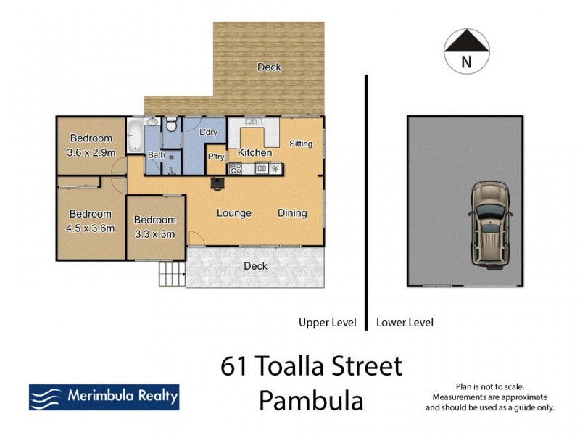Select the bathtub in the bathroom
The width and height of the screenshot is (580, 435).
[x=135, y=137]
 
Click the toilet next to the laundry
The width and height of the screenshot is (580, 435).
[x=170, y=126]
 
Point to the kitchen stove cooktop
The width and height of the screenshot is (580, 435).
[x=235, y=168]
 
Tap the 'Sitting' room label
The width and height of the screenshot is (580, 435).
[x=301, y=144]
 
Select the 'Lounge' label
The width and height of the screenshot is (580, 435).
[x=234, y=213]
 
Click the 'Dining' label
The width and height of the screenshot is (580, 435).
[x=292, y=213]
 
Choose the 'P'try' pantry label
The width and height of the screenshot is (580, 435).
[x=215, y=157]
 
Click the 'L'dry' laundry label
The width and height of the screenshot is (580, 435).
[x=208, y=132]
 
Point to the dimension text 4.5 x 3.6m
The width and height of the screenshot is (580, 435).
[x=91, y=228]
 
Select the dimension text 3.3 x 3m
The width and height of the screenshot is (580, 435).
[x=155, y=233]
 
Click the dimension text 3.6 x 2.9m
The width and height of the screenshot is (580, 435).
[x=91, y=152]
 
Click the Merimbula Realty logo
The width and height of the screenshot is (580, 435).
[x=104, y=397]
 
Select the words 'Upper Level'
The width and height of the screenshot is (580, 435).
[x=328, y=323]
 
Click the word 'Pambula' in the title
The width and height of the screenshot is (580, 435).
[x=311, y=400]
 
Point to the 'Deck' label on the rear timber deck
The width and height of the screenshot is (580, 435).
[x=269, y=67]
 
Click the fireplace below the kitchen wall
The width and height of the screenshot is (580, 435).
[x=216, y=183]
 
